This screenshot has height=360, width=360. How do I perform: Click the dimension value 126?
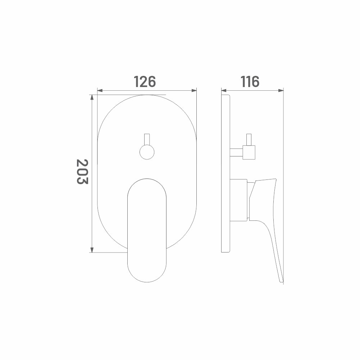145,82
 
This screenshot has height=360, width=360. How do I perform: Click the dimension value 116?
250,82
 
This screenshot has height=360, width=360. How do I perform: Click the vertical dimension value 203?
82,172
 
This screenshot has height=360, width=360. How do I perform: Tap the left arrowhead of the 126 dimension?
100,90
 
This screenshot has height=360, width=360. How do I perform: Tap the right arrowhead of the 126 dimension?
194,90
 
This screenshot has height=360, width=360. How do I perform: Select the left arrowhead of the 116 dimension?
224,90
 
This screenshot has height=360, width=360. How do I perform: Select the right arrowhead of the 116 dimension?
281,90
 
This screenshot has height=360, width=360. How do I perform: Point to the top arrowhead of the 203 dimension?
92,97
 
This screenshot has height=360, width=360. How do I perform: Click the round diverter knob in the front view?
147,152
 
